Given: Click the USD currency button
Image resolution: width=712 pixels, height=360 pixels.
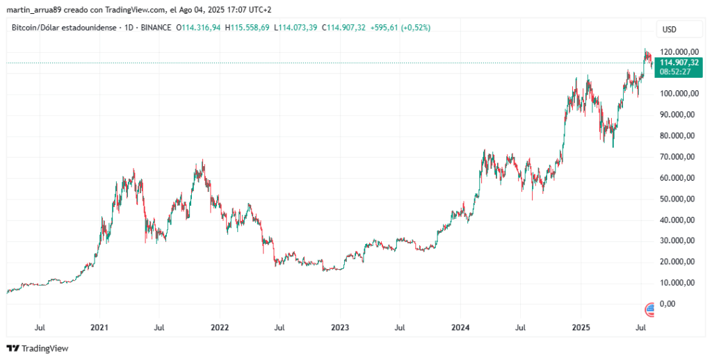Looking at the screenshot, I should pyautogui.click(x=670, y=30).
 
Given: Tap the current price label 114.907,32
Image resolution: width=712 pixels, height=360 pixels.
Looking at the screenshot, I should pyautogui.click(x=679, y=62).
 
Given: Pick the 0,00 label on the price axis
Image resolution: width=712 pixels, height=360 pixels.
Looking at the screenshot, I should pyautogui.click(x=667, y=304).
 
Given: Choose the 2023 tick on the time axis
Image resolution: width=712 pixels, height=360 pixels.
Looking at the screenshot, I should pyautogui.click(x=339, y=327).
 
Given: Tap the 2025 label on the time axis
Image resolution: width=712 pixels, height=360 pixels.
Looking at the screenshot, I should pyautogui.click(x=581, y=327).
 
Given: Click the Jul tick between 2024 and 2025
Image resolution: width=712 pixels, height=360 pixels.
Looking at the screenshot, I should pyautogui.click(x=520, y=327).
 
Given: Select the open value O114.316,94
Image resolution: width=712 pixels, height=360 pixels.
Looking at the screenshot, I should pyautogui.click(x=201, y=28).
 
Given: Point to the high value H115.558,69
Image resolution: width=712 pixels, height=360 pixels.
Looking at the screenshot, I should pyautogui.click(x=250, y=28).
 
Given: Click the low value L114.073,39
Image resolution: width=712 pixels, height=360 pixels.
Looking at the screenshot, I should pyautogui.click(x=297, y=28).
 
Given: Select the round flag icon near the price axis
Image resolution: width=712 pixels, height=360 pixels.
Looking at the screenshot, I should pyautogui.click(x=651, y=309).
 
